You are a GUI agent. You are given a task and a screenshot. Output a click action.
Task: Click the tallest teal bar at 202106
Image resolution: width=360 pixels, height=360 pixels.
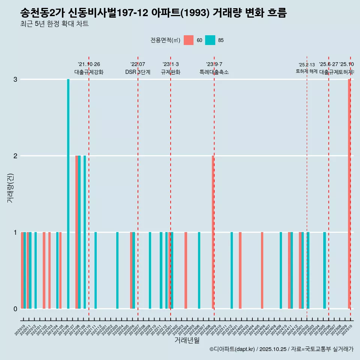68,194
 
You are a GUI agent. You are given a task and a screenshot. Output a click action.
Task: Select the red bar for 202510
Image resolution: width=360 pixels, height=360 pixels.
349,194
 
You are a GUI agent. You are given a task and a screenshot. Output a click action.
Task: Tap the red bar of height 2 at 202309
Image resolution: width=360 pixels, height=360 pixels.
213,232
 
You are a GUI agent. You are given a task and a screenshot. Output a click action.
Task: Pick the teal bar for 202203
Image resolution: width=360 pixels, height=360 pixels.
117,270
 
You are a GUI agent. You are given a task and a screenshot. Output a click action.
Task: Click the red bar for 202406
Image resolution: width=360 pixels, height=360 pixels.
262,270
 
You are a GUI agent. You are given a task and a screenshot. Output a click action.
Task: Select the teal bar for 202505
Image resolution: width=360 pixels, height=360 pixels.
324,270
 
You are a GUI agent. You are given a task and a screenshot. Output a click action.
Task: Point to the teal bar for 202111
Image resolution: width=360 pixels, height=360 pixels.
96,270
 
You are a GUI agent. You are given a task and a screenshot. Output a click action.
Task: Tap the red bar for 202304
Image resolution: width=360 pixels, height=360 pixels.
186,270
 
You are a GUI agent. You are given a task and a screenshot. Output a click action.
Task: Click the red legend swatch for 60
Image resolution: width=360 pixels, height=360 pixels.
189,40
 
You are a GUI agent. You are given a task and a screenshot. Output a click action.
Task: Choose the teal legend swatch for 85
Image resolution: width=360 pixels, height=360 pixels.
210,40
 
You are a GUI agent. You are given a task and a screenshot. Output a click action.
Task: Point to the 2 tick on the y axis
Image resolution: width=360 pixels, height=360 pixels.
15,156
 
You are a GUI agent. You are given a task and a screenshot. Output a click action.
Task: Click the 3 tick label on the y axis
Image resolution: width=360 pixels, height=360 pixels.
15,79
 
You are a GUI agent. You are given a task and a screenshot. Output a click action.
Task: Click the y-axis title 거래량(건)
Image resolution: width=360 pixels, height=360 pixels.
10,187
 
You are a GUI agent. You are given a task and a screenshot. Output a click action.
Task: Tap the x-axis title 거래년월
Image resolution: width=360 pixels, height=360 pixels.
187,340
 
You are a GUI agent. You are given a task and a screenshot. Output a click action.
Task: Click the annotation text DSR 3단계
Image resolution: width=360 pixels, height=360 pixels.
138,72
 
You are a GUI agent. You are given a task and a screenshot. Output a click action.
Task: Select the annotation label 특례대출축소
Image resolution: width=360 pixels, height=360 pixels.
214,72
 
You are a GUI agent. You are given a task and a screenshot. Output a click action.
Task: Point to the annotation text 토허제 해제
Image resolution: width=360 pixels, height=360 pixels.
307,71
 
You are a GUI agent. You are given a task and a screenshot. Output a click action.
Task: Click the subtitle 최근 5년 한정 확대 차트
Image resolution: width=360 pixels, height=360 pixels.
54,24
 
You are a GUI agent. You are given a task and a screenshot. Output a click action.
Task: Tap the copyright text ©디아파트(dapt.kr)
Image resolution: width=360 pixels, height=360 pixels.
232,349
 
